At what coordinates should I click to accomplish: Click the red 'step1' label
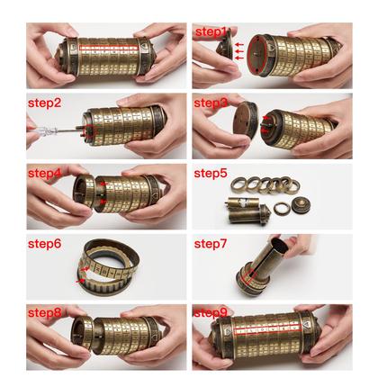pos(212,32)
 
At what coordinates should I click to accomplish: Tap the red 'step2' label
pos(44,102)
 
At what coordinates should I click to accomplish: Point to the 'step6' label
pos(44,243)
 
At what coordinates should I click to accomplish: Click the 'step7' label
pos(212,243)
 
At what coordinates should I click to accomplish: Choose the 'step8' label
pos(44,313)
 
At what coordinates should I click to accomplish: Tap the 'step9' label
pos(211,313)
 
